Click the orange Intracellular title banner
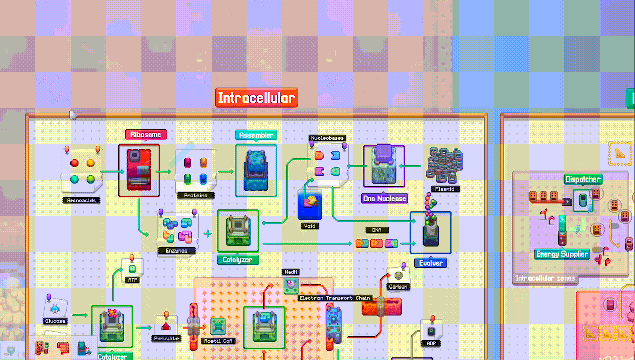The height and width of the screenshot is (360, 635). coord(257,98)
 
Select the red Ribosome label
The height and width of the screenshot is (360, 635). coord(146,135)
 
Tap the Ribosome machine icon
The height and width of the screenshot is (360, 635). coord(139,170)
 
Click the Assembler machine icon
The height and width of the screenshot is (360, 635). coord(256,170)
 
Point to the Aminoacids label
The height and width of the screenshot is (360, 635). coord(82,200)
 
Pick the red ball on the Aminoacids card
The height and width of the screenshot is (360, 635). coord(74,163)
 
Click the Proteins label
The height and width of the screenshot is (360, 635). coord(196,195)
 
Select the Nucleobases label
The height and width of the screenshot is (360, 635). coord(327,138)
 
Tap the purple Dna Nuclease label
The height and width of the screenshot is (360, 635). coord(384,199)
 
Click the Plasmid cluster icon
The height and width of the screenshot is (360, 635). coord(444,164)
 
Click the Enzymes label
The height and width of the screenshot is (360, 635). coord(177,250)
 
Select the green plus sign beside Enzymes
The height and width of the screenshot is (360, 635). coord(207,234)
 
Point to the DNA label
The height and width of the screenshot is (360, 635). coord(377,230)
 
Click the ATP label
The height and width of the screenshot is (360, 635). coord(132,280)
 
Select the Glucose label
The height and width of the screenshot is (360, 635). coord(55,321)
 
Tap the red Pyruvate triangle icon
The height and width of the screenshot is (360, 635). coord(165,325)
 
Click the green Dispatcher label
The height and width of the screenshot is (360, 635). coord(583,179)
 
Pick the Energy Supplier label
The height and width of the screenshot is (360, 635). coord(562,254)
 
